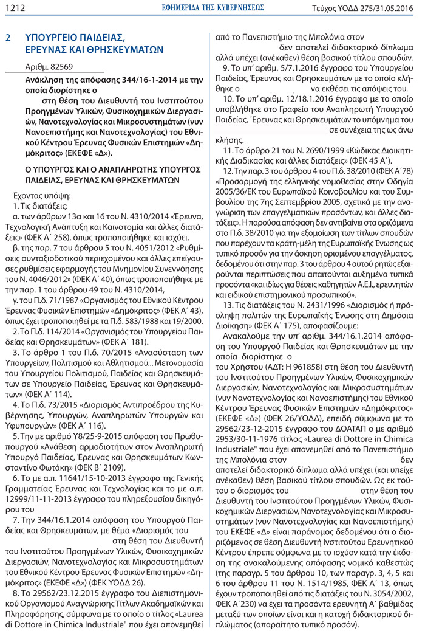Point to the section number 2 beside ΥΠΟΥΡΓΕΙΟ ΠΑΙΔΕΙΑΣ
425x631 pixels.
point(8,37)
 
